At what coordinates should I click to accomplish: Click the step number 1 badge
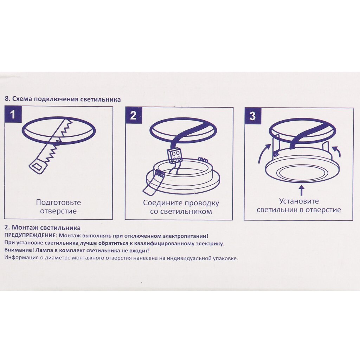13,114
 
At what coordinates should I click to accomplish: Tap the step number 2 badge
133,115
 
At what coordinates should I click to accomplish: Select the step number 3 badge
252,116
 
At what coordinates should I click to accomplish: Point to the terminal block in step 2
174,156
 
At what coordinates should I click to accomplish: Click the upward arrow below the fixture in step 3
302,191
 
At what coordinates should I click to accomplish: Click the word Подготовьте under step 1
58,202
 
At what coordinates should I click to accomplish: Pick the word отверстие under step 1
58,211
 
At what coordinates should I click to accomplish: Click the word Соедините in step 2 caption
163,203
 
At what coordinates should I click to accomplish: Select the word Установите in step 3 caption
299,201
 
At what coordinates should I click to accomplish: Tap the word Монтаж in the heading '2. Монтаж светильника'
25,227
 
